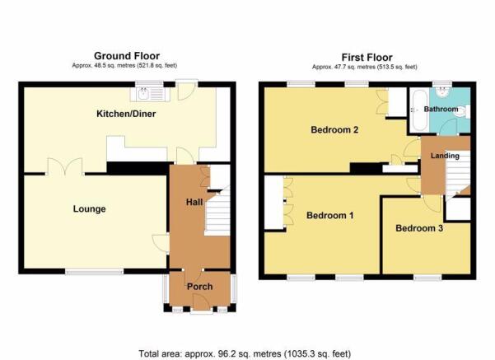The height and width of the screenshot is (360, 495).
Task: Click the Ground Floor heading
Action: coord(127,56)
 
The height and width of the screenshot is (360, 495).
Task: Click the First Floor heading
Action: coord(367,58)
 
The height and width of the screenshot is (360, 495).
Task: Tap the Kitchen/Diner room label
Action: coord(126,114)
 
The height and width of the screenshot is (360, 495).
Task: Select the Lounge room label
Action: coord(89,208)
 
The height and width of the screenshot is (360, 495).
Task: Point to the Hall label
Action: coord(194,202)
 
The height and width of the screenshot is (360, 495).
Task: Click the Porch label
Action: coord(199,287)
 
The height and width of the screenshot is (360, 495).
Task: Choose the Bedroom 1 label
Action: coord(330,215)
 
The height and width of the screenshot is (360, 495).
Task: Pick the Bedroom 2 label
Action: coord(334,129)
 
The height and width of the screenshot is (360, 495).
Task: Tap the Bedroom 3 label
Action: coord(419,228)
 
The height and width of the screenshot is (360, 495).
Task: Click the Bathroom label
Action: coord(441,109)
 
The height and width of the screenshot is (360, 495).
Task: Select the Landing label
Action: coord(445,156)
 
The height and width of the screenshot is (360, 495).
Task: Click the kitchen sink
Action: coord(150,94)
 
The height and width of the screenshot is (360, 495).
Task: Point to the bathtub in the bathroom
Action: coord(419,110)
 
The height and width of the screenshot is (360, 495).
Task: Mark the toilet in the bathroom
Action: coord(463,111)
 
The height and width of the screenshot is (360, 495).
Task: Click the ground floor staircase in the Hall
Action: coord(217,212)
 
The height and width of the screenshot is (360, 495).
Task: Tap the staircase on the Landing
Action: coord(457,175)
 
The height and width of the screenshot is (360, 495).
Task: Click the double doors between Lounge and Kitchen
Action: coord(65,166)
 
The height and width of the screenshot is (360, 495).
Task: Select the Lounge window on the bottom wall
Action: coord(95,271)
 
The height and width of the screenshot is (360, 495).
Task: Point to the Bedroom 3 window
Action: coord(427,278)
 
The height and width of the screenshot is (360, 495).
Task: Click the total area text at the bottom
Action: coord(245,353)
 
